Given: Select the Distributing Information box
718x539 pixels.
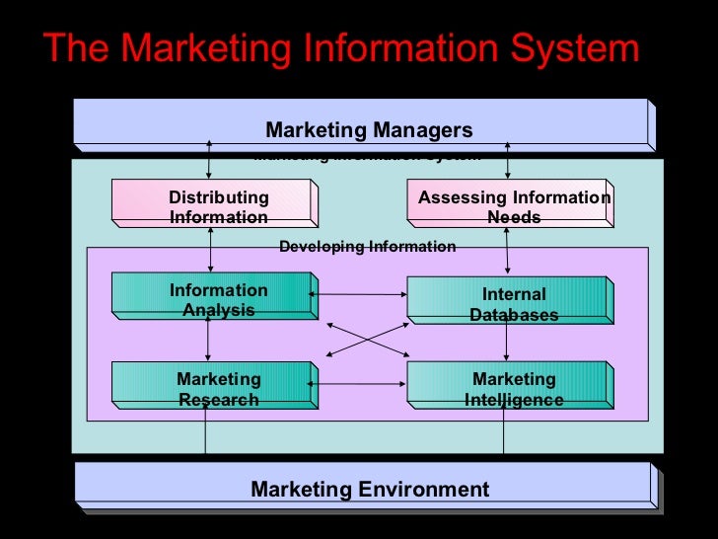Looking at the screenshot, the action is pos(214,207).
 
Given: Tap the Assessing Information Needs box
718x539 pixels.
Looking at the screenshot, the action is pos(510,206).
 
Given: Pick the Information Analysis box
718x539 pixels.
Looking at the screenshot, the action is pos(214,299).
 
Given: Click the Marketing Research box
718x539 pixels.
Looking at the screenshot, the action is pos(214,388).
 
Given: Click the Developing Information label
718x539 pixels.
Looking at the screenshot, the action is pos(367,246).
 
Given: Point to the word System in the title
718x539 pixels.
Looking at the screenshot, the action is pos(572,48).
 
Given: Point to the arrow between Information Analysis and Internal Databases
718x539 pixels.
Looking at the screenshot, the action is pos(361,293).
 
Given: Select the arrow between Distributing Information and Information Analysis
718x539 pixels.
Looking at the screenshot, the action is pos(209,249).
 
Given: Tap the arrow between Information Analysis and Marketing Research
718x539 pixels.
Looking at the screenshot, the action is pos(209,341).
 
